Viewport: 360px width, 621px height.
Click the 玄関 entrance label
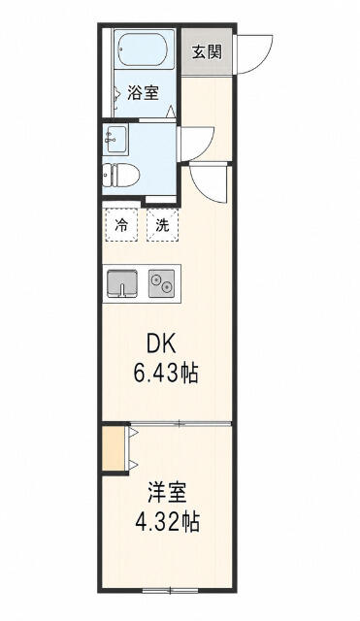coord(207,51)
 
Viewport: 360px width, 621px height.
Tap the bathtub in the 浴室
coord(145,49)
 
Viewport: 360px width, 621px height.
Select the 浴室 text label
coord(143,93)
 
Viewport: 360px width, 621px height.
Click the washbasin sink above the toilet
coord(115,140)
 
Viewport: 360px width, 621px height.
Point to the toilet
coord(120,176)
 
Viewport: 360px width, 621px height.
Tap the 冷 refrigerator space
coord(121,225)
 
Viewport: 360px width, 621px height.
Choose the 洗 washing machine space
coord(162,225)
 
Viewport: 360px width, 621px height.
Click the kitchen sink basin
coord(122,282)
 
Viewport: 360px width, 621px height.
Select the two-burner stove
coord(162,283)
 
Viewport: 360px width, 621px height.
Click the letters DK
coord(161,345)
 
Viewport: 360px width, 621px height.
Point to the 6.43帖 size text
coord(166,374)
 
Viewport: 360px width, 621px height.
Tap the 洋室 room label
coord(167,494)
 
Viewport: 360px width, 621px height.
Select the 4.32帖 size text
coord(167,522)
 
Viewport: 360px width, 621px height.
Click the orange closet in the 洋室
coord(114,448)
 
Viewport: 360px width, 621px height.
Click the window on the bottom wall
coord(170,591)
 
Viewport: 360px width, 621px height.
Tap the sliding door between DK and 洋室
coord(180,423)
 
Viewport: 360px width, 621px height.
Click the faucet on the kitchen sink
coord(122,290)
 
